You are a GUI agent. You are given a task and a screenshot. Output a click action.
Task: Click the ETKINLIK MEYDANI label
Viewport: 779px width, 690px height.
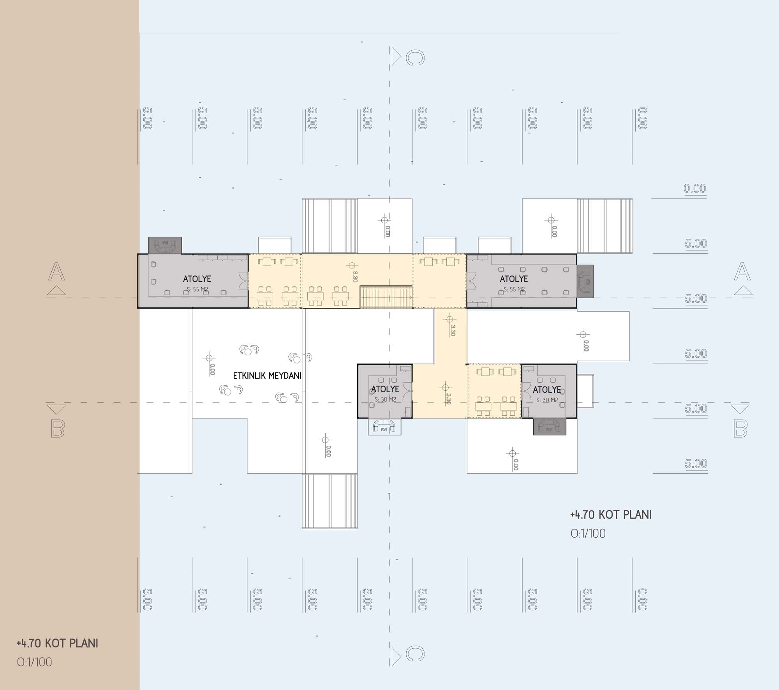(267, 376)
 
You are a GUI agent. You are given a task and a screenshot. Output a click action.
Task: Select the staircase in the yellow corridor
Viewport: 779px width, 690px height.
(386, 297)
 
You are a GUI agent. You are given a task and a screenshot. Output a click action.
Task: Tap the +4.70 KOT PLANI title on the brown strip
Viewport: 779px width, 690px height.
(57, 643)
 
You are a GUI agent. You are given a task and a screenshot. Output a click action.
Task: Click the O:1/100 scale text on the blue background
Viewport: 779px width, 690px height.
(588, 533)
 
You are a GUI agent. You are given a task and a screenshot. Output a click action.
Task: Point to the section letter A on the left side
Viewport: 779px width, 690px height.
(56, 272)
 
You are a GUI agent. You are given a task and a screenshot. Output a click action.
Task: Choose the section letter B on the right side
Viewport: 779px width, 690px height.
(740, 429)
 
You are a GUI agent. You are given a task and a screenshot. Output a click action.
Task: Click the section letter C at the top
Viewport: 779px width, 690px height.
(415, 58)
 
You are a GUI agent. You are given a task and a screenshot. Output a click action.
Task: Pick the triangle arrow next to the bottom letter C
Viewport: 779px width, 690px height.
(396, 656)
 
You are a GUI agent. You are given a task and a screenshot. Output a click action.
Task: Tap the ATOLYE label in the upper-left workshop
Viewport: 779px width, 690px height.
(197, 279)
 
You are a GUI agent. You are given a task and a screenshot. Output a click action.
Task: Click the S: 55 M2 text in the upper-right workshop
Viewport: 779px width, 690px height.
(514, 289)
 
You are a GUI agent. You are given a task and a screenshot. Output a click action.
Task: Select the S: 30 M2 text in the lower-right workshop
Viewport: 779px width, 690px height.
(547, 400)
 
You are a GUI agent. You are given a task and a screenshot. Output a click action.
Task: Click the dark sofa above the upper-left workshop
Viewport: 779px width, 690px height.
(165, 245)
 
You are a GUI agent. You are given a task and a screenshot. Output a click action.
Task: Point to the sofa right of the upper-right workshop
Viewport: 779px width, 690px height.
(585, 281)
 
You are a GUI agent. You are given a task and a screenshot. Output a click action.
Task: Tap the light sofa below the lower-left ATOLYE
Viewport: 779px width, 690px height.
(384, 426)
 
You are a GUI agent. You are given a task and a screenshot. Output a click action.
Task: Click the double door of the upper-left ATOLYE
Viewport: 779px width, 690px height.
(244, 281)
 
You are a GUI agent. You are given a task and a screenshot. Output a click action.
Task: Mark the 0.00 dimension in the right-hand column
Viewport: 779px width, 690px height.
(695, 189)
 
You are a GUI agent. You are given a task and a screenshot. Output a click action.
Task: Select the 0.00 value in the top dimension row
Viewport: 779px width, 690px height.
(642, 118)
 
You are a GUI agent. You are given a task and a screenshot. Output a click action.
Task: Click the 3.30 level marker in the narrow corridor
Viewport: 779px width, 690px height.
(452, 330)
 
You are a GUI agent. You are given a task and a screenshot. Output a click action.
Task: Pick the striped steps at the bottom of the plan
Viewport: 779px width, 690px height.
(330, 502)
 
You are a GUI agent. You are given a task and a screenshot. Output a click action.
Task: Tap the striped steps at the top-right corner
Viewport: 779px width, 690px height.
(605, 226)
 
